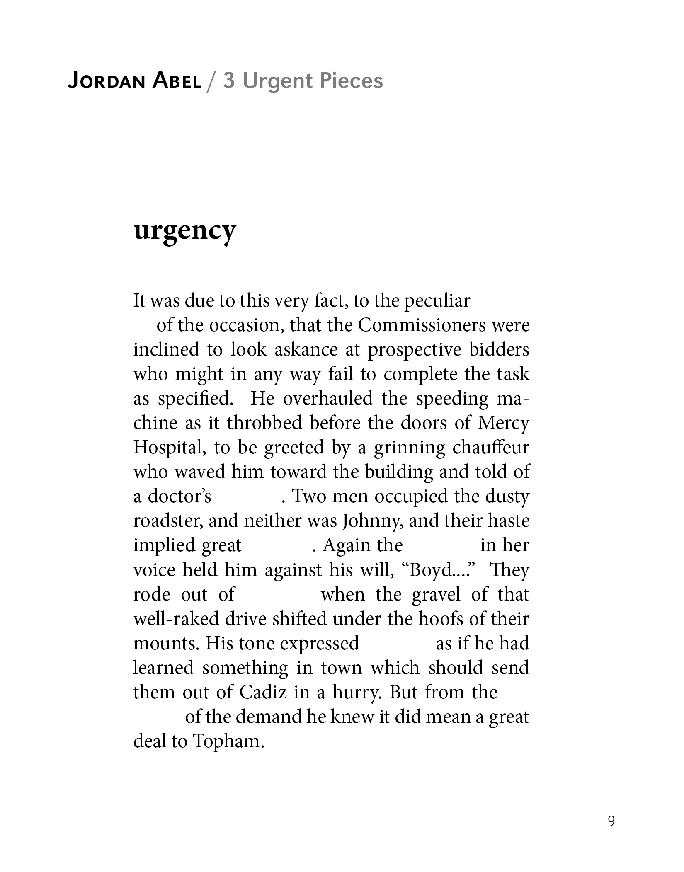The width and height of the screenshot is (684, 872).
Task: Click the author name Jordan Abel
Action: coord(134,81)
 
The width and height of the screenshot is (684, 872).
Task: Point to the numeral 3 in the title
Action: coord(229,81)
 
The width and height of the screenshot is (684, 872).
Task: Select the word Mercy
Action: coord(503,423)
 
